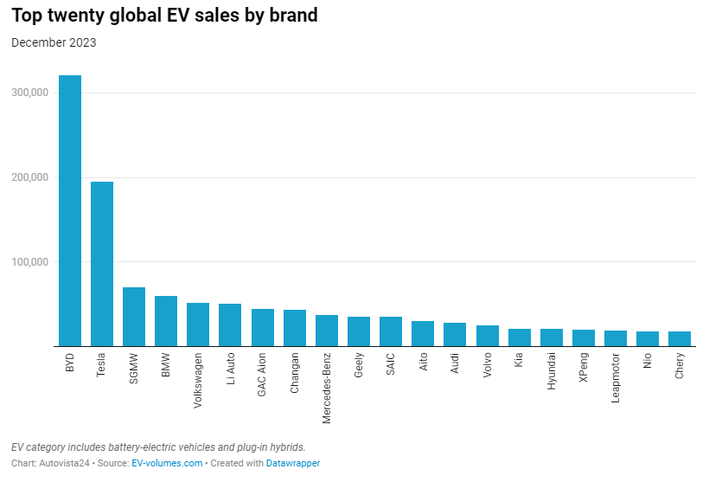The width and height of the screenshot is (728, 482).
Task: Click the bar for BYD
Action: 70,211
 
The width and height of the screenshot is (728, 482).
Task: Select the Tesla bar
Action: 102,264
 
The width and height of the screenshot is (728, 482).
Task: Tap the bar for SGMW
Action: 134,317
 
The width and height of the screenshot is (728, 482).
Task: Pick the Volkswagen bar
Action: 198,325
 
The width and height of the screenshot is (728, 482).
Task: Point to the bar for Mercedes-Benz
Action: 327,331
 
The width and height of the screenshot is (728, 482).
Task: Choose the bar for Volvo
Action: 488,336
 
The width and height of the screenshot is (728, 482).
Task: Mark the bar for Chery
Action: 680,338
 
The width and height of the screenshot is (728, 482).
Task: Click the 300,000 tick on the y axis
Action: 30,93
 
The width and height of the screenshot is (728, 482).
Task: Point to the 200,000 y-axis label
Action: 30,177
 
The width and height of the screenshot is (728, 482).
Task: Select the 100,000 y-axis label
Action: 30,262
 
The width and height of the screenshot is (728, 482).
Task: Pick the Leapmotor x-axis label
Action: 616,379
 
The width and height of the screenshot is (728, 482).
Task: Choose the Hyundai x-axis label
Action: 552,372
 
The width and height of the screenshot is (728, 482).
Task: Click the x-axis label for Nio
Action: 648,362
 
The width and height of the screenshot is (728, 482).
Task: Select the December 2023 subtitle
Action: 54,42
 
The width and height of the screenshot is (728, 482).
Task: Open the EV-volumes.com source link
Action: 167,464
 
